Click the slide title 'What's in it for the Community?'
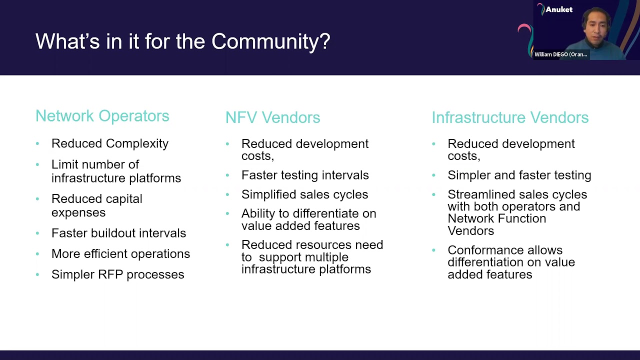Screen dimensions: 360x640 coord(182,41)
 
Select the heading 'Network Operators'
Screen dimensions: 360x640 coord(102,116)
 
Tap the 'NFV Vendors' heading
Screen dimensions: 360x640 coord(272,117)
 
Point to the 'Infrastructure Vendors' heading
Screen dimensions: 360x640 coord(510,117)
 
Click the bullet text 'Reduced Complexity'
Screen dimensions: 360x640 coord(110,143)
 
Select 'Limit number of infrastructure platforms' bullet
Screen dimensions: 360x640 coord(116,171)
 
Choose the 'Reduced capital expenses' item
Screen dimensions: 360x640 coord(96,205)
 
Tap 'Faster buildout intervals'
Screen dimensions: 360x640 coord(118,233)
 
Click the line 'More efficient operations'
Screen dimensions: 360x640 coord(120,254)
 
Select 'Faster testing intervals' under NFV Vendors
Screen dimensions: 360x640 coord(305,175)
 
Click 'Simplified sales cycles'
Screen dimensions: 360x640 coord(304,194)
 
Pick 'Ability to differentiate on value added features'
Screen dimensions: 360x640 coord(308,219)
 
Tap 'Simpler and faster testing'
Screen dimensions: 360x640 coord(519,175)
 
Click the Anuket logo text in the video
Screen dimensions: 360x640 coord(558,9)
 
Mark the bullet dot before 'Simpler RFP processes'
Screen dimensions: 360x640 coord(37,274)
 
